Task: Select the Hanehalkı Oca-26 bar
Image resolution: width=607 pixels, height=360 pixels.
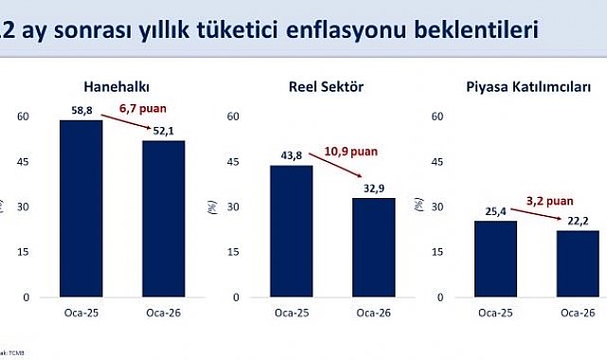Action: point(165,219)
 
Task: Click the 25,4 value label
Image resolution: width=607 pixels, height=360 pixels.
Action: point(490,211)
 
